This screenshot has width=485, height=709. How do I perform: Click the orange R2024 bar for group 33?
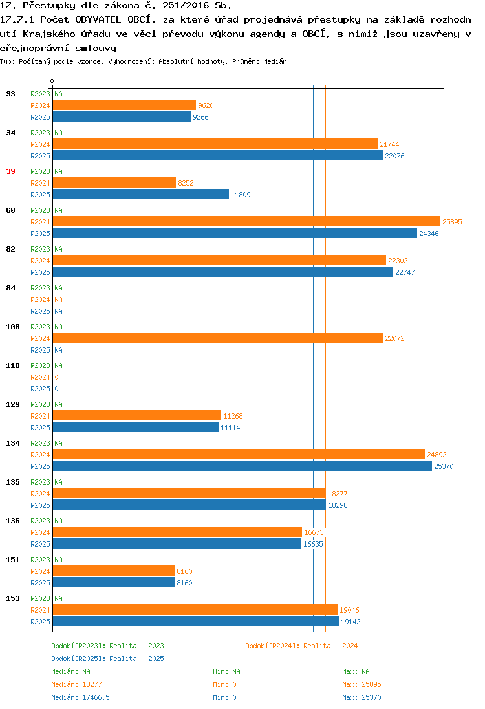pyautogui.click(x=124, y=105)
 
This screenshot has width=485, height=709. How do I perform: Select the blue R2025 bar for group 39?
pyautogui.click(x=141, y=195)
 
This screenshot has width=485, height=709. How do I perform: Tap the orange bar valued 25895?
pyautogui.click(x=246, y=221)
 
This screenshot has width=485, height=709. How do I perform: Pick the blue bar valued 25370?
pyautogui.click(x=242, y=466)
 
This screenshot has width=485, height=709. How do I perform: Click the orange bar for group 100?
pyautogui.click(x=218, y=338)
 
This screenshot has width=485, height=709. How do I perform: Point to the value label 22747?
pyautogui.click(x=405, y=272)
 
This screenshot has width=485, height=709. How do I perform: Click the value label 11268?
pyautogui.click(x=233, y=416)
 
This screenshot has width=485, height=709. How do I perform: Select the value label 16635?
pyautogui.click(x=313, y=545)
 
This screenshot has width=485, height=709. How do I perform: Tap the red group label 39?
pyautogui.click(x=10, y=172)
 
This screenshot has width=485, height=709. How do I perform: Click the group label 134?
pyautogui.click(x=13, y=444)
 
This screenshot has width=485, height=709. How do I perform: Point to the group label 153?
pyautogui.click(x=13, y=598)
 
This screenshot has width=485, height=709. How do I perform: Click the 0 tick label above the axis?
pyautogui.click(x=52, y=81)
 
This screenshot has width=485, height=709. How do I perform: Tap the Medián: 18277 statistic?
pyautogui.click(x=76, y=684)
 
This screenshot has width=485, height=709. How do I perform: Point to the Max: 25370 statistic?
pyautogui.click(x=361, y=698)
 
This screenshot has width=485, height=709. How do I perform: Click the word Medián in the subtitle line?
pyautogui.click(x=275, y=61)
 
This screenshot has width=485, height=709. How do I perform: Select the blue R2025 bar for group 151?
pyautogui.click(x=113, y=583)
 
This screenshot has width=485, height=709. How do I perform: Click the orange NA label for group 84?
pyautogui.click(x=59, y=300)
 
